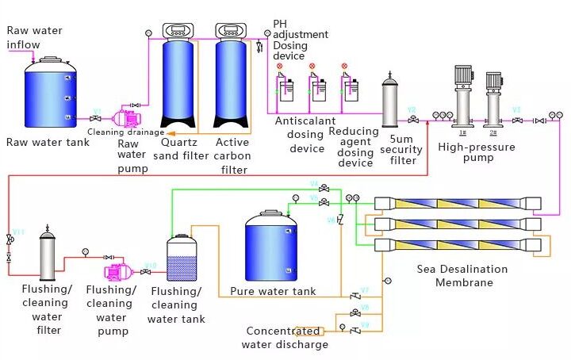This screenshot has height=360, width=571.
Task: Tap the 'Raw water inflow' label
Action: click(x=34, y=37)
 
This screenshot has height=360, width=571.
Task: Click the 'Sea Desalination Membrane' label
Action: click(x=462, y=276)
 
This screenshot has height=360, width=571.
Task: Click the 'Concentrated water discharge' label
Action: click(x=285, y=337)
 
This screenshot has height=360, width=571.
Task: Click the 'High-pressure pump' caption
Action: click(x=476, y=152)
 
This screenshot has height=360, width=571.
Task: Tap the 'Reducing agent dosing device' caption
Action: click(x=354, y=147)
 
